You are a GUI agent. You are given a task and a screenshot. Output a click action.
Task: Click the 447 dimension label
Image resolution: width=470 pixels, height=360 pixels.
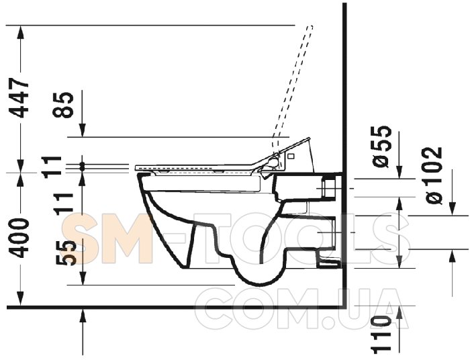pos(19,98)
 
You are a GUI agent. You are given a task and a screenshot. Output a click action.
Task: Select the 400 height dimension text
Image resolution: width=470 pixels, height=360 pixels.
pos(19,238)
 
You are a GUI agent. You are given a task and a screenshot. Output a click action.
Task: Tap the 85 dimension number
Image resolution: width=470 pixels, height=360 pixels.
pos(63,105)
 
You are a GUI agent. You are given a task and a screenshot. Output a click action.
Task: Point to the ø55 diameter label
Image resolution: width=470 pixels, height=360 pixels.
pos(381,146)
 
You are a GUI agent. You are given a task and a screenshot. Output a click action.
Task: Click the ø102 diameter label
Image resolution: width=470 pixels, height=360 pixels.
pos(432,175)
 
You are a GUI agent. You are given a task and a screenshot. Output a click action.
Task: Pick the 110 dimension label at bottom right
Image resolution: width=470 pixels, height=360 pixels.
pos(381,333)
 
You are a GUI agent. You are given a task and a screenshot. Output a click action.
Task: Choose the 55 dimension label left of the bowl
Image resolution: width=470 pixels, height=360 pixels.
pos(64,253)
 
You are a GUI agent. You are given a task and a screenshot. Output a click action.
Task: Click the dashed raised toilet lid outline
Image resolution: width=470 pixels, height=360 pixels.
pos(293,87)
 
